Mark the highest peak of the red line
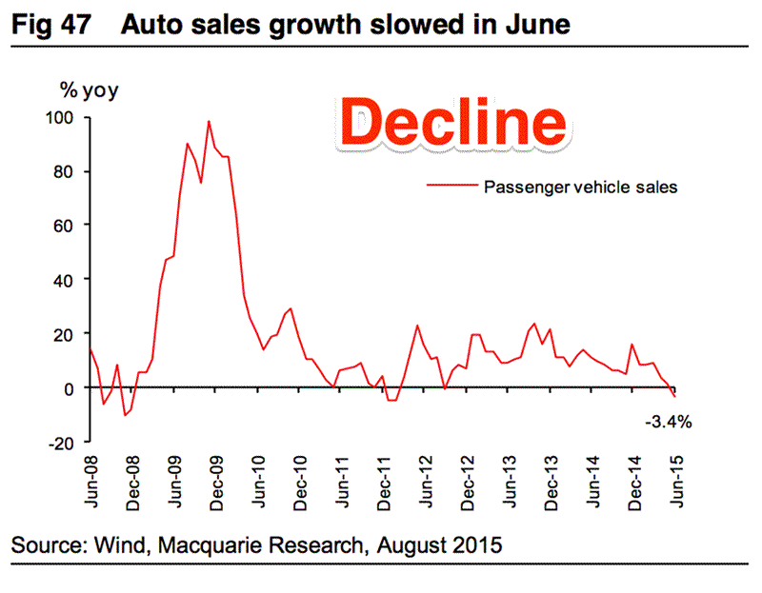click(209, 121)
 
